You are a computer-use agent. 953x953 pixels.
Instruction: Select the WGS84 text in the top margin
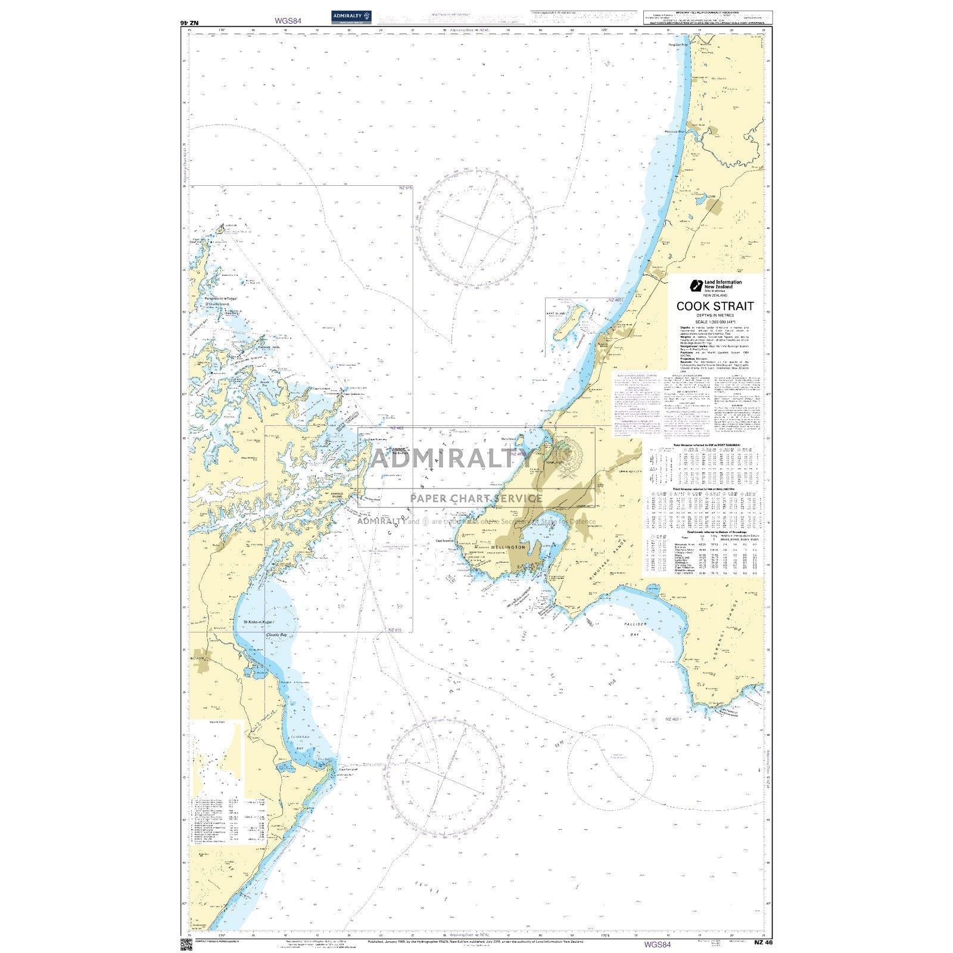click(x=288, y=20)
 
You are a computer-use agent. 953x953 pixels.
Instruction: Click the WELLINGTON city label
click(x=509, y=547)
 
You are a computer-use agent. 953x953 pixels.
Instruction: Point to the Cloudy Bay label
click(x=276, y=636)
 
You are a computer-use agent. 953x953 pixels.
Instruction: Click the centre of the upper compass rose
click(x=476, y=226)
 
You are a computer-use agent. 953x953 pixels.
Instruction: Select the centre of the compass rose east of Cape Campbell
click(x=444, y=777)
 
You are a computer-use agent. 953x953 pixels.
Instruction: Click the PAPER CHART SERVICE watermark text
click(x=476, y=499)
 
